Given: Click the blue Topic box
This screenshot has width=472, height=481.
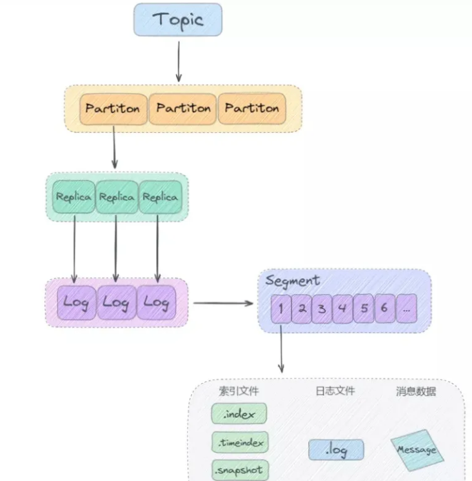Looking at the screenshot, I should tap(177, 19).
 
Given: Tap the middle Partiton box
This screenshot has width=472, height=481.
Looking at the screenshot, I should tap(183, 108).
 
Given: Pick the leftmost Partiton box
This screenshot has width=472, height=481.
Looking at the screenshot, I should tap(112, 108).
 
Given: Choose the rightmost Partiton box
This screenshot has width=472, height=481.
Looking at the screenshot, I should tap(251, 108).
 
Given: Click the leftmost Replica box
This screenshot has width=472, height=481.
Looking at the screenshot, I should tap(73, 197).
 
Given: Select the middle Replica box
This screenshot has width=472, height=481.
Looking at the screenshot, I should tap(116, 197).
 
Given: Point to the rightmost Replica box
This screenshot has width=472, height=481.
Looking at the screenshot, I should tap(159, 197).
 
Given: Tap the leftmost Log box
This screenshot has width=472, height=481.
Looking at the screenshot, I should tap(75, 302).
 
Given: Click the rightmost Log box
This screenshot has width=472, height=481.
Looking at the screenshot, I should tap(156, 302).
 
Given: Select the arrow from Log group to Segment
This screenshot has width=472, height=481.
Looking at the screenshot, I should tap(222, 302).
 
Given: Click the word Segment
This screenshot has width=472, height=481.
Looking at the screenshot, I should tap(292, 281).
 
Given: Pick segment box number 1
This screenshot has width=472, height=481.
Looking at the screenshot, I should tap(280, 308).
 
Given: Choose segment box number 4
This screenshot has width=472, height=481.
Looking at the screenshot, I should tap(342, 308).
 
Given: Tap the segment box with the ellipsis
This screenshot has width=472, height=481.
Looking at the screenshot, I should tap(406, 308).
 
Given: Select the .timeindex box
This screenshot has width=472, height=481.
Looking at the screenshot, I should tap(239, 442).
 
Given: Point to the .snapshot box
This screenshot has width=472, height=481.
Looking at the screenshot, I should tap(239, 469).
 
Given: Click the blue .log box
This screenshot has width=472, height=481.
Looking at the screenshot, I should tap(336, 449).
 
